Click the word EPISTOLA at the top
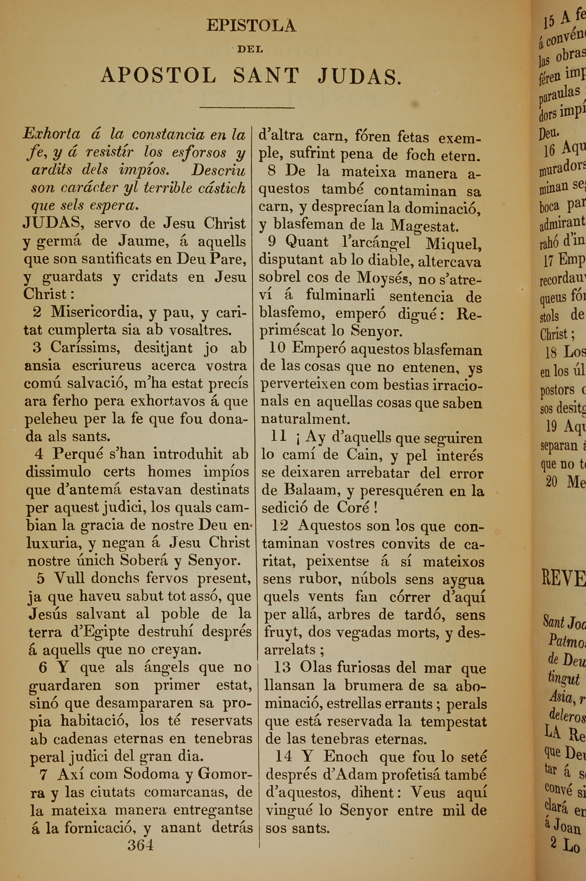(251, 26)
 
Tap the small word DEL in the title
(250, 49)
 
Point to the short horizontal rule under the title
(247, 108)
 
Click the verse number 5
(41, 578)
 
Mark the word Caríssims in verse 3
(85, 347)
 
